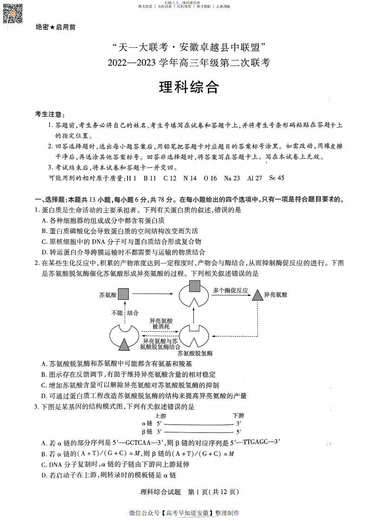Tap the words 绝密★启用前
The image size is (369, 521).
pyautogui.click(x=56, y=27)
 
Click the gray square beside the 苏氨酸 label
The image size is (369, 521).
pyautogui.click(x=123, y=294)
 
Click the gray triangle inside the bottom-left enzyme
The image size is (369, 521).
pyautogui.click(x=124, y=344)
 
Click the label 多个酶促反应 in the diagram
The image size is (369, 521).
pyautogui.click(x=230, y=290)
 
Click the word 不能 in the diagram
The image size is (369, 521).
pyautogui.click(x=117, y=313)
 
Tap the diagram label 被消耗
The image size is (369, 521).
pyautogui.click(x=161, y=327)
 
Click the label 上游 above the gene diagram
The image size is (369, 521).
pyautogui.click(x=161, y=416)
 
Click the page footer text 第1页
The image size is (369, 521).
pyautogui.click(x=198, y=492)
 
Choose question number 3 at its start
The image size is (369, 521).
pyautogui.click(x=36, y=407)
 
